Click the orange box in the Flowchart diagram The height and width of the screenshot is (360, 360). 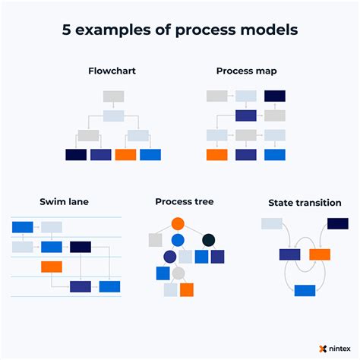tap(125, 154)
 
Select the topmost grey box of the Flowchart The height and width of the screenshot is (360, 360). tap(113, 96)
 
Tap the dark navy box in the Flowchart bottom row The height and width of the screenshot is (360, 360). tap(76, 154)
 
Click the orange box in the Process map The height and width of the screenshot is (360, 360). tap(217, 154)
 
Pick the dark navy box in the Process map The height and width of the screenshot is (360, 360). tap(274, 96)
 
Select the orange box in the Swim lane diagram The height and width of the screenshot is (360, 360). tap(52, 267)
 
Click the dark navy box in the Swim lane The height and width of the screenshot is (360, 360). tap(81, 247)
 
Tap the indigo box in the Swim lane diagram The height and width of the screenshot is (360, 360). tap(81, 286)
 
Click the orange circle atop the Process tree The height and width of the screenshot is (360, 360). tap(178, 223)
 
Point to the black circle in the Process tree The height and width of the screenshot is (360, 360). tap(208, 240)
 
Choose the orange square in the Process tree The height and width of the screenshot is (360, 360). tap(187, 289)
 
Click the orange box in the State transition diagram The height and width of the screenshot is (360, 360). tap(320, 254)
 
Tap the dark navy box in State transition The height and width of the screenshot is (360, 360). tap(337, 223)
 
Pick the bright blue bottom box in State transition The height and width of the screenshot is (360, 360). tap(305, 290)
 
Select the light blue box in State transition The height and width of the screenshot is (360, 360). tap(272, 223)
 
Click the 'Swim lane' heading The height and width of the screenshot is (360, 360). tap(59, 202)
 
